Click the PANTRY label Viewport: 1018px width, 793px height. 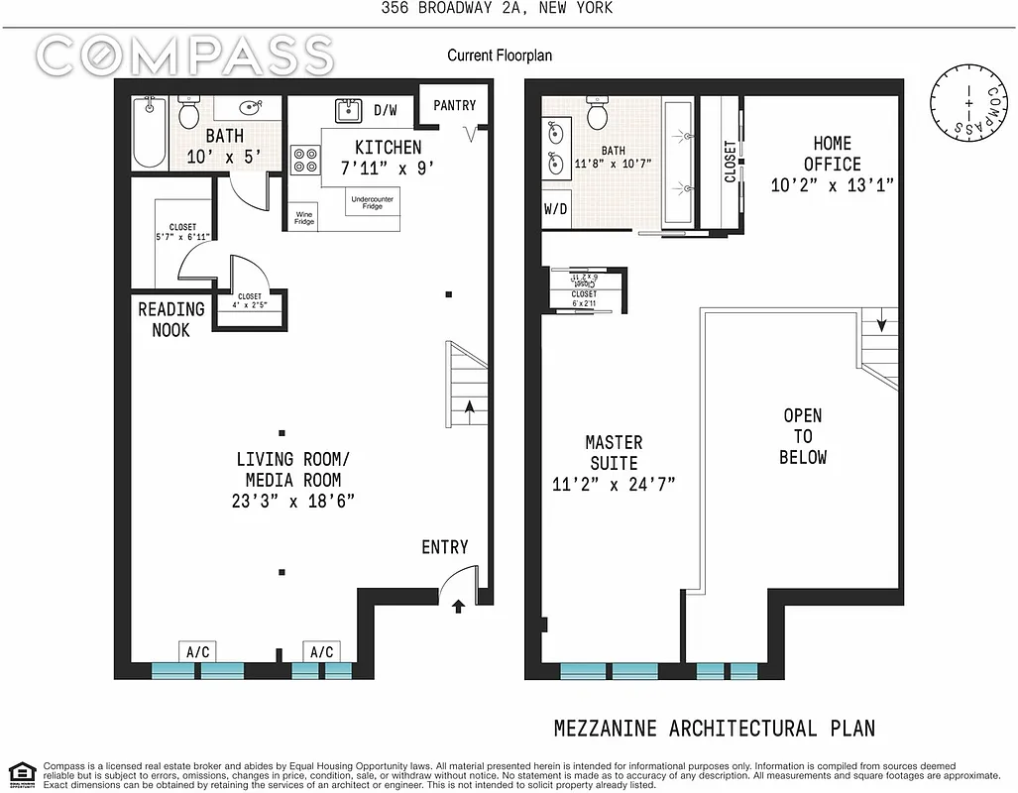[x=455, y=105]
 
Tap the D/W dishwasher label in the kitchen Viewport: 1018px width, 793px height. [x=386, y=110]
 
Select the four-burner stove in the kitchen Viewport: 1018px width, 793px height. [x=303, y=160]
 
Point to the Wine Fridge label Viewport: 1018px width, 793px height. [x=304, y=218]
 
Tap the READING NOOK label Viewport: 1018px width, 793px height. [x=170, y=319]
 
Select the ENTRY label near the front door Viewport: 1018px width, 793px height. [x=444, y=547]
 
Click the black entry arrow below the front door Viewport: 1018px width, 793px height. [x=457, y=606]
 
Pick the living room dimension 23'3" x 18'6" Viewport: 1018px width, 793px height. [x=294, y=501]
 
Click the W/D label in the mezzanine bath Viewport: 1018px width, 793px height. [x=555, y=210]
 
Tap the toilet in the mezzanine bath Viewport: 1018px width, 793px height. [x=598, y=114]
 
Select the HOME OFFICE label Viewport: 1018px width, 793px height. [x=832, y=154]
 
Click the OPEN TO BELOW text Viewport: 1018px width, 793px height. [x=802, y=436]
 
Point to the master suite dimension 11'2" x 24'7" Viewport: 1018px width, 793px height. [x=614, y=485]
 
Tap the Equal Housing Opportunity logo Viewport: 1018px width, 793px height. [x=22, y=773]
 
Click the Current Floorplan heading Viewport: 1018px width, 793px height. [x=500, y=56]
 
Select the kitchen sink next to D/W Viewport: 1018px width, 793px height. [x=348, y=110]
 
